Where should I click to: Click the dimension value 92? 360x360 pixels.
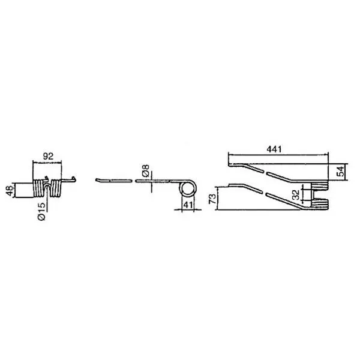[48, 156]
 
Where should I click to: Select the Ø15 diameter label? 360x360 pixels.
[42, 211]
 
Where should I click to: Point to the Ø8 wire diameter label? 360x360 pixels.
[146, 170]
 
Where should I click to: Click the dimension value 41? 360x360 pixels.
[188, 205]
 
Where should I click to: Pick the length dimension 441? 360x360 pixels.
[274, 149]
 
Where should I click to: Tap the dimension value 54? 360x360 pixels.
[341, 171]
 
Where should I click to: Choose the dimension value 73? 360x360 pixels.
[212, 199]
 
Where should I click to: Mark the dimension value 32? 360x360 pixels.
[296, 194]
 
